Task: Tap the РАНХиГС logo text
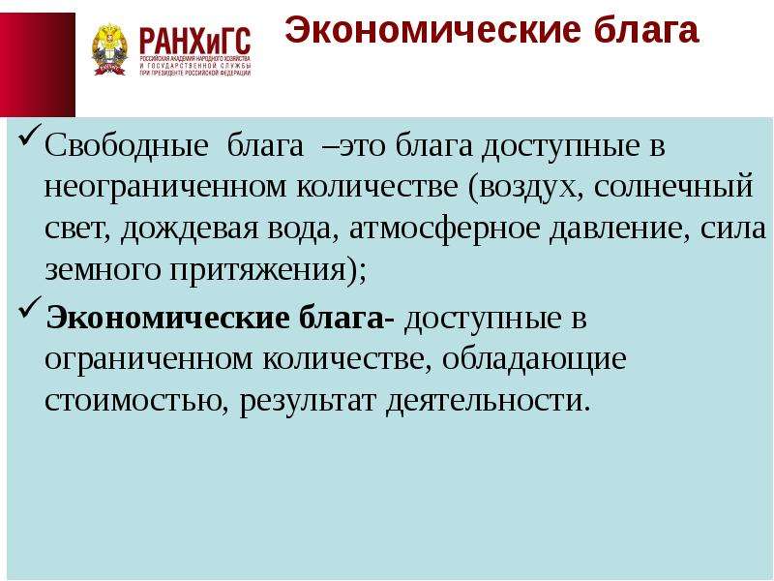pyautogui.click(x=195, y=42)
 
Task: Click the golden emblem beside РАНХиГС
pyautogui.click(x=109, y=49)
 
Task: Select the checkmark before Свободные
pyautogui.click(x=30, y=135)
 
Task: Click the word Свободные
pyautogui.click(x=126, y=146)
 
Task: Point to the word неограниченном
pyautogui.click(x=165, y=188)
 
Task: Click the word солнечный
pyautogui.click(x=673, y=188)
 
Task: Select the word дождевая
pyautogui.click(x=189, y=229)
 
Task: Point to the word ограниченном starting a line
pyautogui.click(x=148, y=359)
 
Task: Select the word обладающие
pyautogui.click(x=534, y=359)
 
